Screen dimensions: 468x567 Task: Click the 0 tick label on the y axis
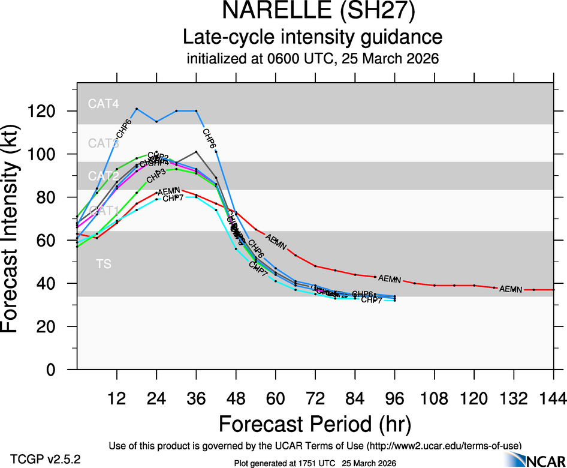tap(59, 370)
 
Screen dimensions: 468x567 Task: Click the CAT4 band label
tap(104, 104)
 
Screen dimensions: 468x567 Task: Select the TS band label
tap(103, 264)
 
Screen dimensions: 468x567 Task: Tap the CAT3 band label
tap(104, 143)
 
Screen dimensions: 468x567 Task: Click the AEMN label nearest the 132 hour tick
tap(511, 289)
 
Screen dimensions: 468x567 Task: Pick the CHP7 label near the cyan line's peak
tap(173, 198)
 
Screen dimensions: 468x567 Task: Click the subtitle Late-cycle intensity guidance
tap(313, 37)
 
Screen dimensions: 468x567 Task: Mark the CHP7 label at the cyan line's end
tap(372, 300)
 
